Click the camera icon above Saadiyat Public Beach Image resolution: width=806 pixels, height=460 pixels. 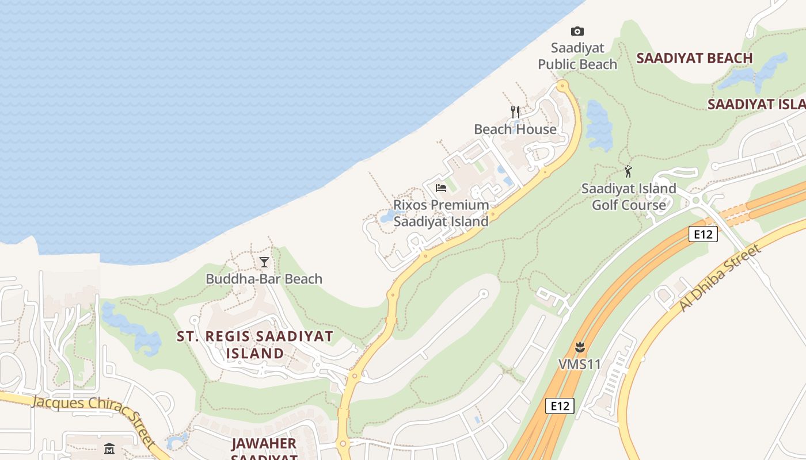point(577,31)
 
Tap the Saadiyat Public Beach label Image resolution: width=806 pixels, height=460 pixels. point(577,56)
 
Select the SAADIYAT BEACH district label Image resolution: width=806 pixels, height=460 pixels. point(695,58)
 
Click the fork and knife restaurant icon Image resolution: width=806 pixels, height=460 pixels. point(515,112)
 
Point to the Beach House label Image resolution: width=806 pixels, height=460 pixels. point(515,129)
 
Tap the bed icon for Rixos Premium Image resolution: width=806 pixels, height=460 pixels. point(441,188)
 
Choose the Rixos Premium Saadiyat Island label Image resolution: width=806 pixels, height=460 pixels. point(441,213)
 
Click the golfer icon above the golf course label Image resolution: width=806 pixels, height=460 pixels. point(628,171)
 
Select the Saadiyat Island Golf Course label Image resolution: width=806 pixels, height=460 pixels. point(629,197)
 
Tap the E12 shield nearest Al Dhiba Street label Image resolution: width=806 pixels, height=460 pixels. point(703,233)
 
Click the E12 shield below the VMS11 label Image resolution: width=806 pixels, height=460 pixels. point(560,406)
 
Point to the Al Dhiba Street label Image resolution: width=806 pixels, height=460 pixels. point(721,278)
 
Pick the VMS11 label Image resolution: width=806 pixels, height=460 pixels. point(580,364)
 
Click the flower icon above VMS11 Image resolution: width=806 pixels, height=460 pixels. point(580,347)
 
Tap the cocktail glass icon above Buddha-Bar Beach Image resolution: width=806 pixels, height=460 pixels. point(264,262)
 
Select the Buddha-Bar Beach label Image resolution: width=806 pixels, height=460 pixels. point(264,279)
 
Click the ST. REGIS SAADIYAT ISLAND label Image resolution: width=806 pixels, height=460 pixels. point(255,344)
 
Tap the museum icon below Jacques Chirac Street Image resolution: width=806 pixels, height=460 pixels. point(109,448)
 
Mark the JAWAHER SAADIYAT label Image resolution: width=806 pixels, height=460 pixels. point(264,448)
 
